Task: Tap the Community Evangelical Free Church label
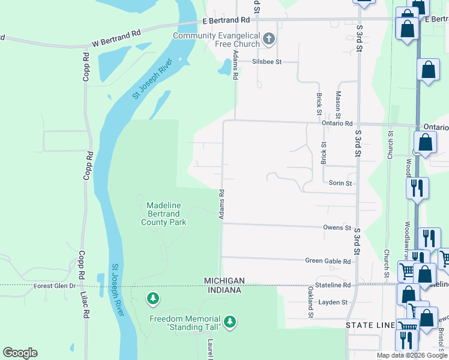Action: (216, 40)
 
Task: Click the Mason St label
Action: (338, 103)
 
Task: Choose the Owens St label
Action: (337, 228)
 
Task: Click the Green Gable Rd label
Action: (328, 262)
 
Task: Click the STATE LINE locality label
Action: (369, 325)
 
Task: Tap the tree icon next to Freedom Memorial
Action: (229, 323)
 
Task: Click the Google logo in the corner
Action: (20, 353)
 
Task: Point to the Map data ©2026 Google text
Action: (412, 355)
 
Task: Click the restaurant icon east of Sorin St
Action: (417, 188)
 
